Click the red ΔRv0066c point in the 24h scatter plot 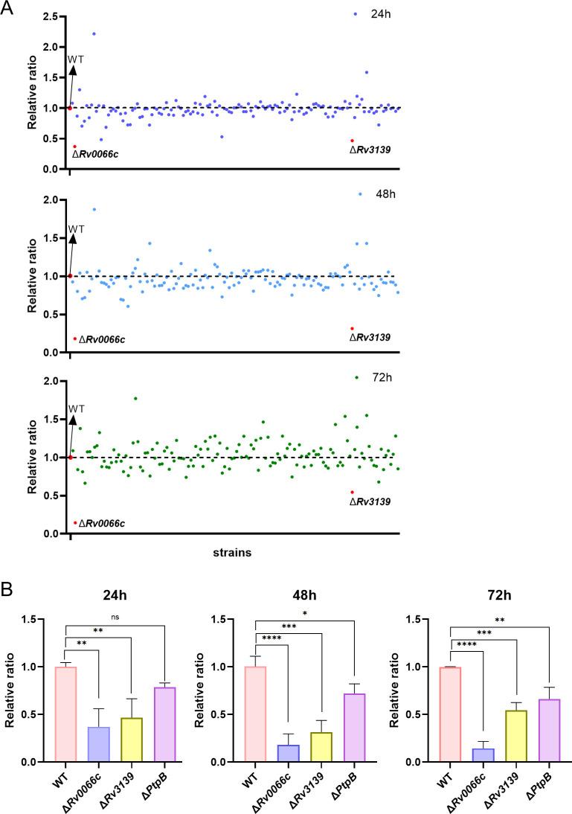74,147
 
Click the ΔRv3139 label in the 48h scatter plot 370,337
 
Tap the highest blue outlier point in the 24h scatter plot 94,33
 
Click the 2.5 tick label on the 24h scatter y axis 50,16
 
